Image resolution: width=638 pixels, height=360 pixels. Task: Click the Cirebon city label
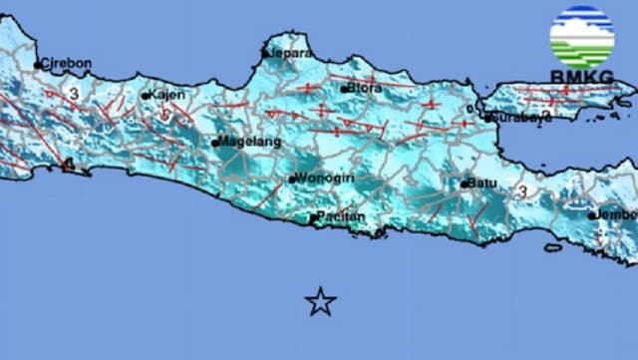point(68,63)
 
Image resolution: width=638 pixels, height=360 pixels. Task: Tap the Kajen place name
point(168,96)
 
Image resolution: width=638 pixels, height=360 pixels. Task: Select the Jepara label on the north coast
point(291,54)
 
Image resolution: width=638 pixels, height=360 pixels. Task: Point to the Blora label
point(365,88)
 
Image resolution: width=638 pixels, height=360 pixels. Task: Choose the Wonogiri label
point(325,180)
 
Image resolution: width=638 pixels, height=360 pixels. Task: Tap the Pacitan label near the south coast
point(342,216)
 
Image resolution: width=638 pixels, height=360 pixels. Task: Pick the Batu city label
point(483,183)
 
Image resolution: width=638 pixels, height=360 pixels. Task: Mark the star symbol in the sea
point(320,301)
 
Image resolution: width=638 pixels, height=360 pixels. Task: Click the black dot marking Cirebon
point(38,66)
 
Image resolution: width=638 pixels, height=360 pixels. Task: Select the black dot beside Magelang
point(215,143)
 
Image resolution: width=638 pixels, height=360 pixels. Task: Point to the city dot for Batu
point(465,184)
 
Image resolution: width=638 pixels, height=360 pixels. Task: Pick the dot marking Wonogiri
point(291,180)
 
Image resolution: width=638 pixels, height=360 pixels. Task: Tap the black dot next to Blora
point(344,89)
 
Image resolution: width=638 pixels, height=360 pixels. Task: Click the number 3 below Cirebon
point(74,93)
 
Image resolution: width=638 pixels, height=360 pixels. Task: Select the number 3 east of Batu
point(522,189)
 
